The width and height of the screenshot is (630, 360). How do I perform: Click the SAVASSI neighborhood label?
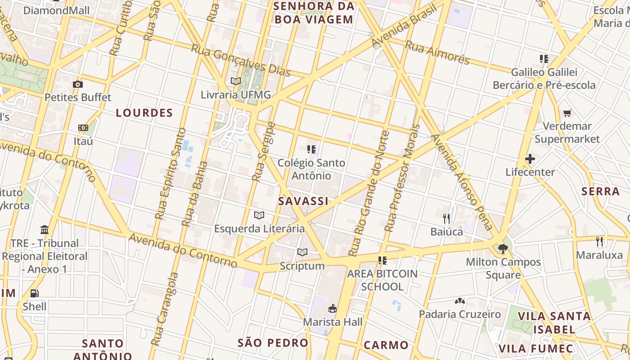pos(303,201)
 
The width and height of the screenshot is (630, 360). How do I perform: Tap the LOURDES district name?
pos(144,113)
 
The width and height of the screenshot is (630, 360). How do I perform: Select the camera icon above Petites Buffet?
pos(78,84)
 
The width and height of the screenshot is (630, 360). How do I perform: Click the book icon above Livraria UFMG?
pos(236,81)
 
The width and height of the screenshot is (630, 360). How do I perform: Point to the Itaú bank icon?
pos(83,128)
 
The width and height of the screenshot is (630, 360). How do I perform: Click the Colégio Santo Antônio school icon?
pos(311,149)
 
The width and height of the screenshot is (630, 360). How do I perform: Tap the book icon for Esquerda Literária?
pos(259,215)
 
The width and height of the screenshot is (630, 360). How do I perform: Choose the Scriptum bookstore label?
pos(302,266)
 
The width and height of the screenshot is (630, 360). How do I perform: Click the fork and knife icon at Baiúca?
pos(446,219)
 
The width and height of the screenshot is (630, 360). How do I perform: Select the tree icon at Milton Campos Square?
pos(503,248)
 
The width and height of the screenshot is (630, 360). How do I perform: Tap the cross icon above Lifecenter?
pos(530,159)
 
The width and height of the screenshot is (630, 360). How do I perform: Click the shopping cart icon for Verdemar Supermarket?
pos(567,113)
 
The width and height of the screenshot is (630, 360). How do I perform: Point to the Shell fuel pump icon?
pos(35,293)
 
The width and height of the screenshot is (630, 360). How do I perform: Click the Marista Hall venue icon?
pos(333,309)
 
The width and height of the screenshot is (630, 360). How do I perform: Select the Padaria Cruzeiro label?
pos(460,314)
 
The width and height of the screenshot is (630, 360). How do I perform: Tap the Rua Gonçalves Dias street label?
pos(241,61)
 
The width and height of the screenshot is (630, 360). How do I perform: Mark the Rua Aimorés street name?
pos(437,52)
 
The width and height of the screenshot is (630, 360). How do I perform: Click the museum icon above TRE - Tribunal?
pos(45,230)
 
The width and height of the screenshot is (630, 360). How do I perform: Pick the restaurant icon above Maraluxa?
pos(599,242)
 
